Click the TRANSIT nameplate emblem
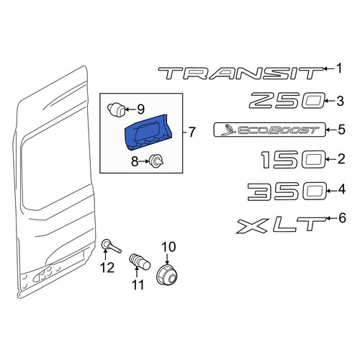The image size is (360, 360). [x=240, y=73]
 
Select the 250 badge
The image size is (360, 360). [x=287, y=100]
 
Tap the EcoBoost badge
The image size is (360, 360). [x=269, y=130]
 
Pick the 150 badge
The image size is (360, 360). [x=293, y=160]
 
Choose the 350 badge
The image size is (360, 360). [x=287, y=192]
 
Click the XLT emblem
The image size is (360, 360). [x=282, y=225]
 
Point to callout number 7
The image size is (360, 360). [x=192, y=132]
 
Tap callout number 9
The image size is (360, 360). [x=140, y=109]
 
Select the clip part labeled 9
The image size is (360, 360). [x=116, y=109]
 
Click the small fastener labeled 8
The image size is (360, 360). [x=156, y=161]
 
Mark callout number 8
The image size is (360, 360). [x=135, y=161]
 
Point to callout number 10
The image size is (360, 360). [x=168, y=247]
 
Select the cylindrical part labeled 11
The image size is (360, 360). [x=140, y=261]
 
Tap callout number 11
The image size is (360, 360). [x=138, y=285]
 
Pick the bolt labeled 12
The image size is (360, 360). [x=111, y=246]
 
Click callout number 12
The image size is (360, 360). [x=107, y=267]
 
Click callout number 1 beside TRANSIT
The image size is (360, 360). [x=339, y=68]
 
